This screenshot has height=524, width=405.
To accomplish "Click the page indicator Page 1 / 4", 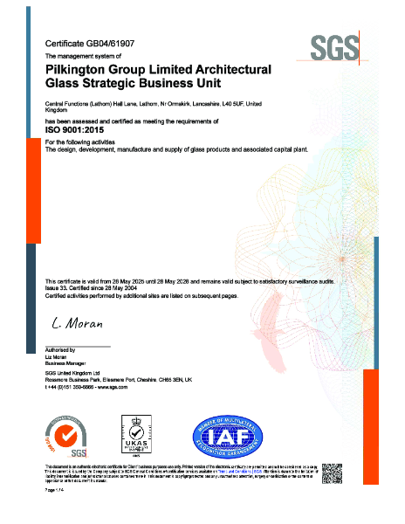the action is (55, 493).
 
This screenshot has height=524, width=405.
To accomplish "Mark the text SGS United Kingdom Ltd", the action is (72, 373).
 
